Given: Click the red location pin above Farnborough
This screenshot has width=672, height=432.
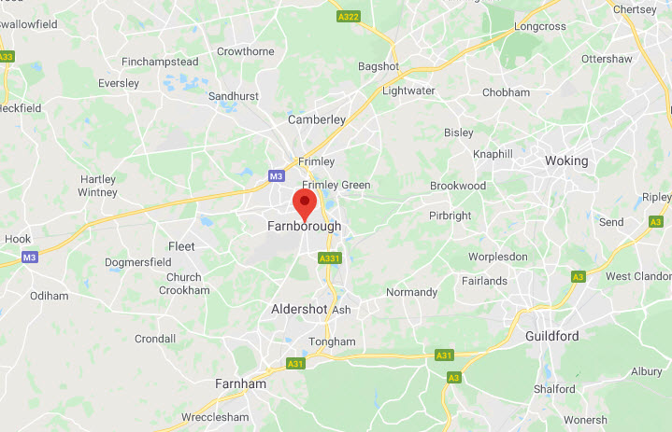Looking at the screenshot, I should click(305, 202).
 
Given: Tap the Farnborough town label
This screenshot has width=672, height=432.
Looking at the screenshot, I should click(305, 226).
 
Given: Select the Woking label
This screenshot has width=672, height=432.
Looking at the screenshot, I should click(566, 160).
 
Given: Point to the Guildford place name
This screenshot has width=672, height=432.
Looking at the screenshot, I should click(551, 336).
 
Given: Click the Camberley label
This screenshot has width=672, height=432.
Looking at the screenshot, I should click(317, 119).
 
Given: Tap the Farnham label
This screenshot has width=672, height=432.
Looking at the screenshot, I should click(240, 383).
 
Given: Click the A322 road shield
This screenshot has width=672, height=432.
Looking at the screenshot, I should click(348, 16).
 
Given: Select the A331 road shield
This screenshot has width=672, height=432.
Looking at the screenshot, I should click(329, 258).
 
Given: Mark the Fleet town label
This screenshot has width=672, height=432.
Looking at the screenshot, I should click(181, 246).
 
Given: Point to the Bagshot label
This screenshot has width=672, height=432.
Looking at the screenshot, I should click(379, 66).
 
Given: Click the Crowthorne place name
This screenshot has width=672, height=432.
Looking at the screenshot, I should click(244, 51).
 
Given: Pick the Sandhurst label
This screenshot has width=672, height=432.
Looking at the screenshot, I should click(233, 96).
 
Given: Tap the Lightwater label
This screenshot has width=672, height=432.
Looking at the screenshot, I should click(408, 91).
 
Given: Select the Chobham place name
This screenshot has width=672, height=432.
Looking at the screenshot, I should click(506, 92).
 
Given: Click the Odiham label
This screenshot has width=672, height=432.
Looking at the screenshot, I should click(50, 296).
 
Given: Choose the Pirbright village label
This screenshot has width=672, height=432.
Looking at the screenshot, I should click(450, 216).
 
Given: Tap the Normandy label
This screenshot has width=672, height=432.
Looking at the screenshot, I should click(411, 292).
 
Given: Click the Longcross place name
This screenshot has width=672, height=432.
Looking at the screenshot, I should click(540, 26).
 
